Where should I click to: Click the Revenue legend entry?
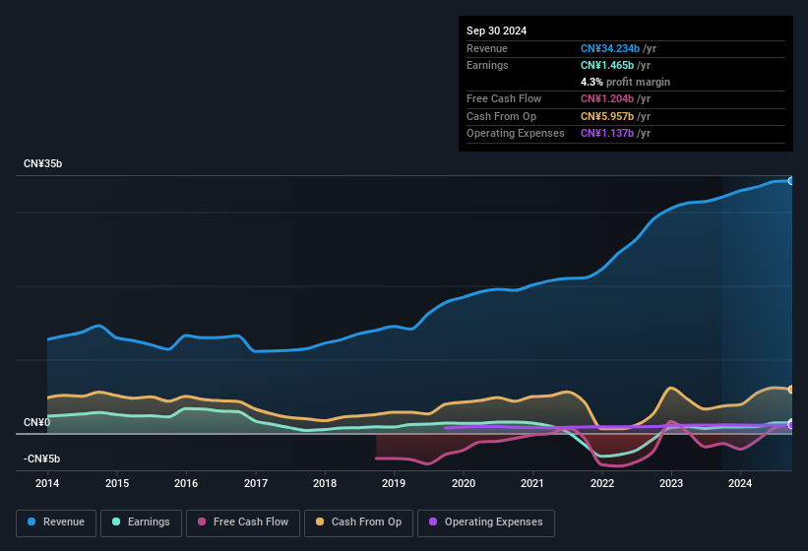(55, 521)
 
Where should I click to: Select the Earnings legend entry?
(141, 521)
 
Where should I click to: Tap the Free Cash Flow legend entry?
(243, 521)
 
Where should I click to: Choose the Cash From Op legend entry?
(357, 521)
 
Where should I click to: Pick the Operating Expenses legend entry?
(485, 521)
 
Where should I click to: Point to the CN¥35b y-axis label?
(43, 163)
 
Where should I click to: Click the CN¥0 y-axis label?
(36, 422)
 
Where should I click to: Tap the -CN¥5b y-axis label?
(41, 459)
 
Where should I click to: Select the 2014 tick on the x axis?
(47, 483)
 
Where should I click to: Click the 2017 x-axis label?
(256, 483)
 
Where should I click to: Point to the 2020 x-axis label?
(464, 483)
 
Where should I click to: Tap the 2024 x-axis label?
(740, 483)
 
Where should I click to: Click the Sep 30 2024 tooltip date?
(496, 31)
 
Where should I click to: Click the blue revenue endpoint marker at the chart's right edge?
(790, 181)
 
